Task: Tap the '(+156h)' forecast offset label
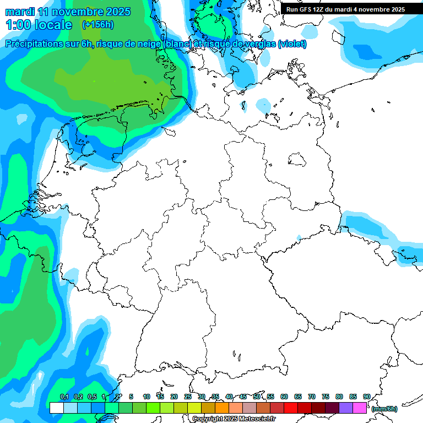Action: [x=97, y=25]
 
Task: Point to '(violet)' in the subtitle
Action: [x=292, y=44]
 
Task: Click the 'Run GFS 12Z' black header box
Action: [x=345, y=9]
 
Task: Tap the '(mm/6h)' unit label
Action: [x=384, y=409]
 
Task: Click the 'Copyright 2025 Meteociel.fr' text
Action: [x=234, y=419]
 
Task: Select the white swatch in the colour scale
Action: [x=57, y=408]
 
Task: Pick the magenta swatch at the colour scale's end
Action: [x=360, y=408]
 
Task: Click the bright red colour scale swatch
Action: [x=291, y=408]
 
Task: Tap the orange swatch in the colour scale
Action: [x=222, y=408]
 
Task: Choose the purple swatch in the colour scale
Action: [x=346, y=408]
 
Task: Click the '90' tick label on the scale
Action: [x=367, y=397]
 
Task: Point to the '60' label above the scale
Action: [x=284, y=397]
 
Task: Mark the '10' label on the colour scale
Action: [x=147, y=397]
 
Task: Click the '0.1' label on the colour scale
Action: [x=64, y=397]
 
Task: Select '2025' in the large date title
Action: [x=117, y=12]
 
